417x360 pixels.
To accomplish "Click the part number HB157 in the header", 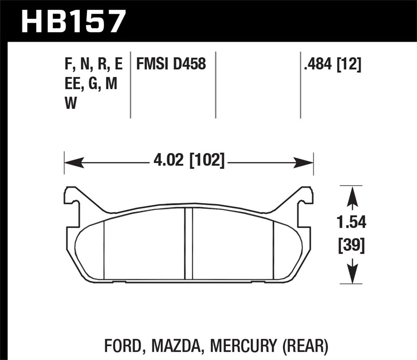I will pos(72,21).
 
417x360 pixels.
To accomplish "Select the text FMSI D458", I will pos(171,64).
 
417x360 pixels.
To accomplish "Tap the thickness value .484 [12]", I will pos(333,64).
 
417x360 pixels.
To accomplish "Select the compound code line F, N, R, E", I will pos(93,64).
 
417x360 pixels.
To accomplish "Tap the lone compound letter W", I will pos(71,103).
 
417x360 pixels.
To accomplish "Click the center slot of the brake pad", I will pos(189,244).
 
